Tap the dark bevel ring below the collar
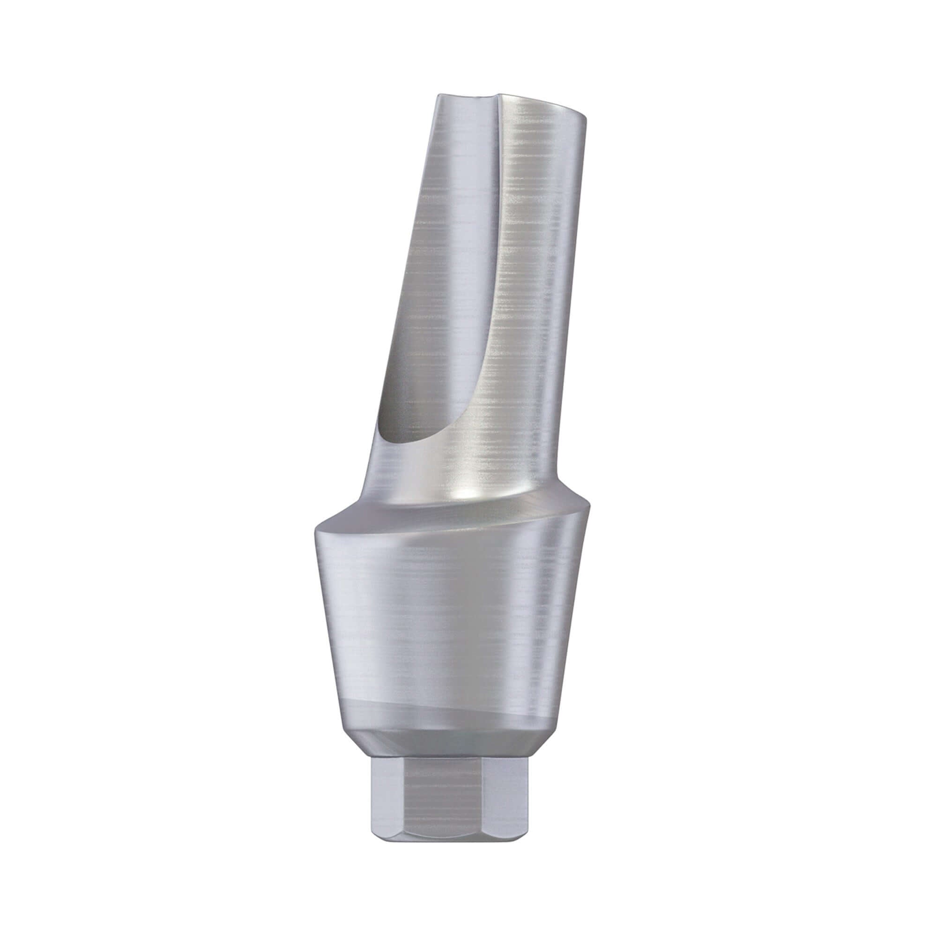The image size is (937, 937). (x=449, y=749)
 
